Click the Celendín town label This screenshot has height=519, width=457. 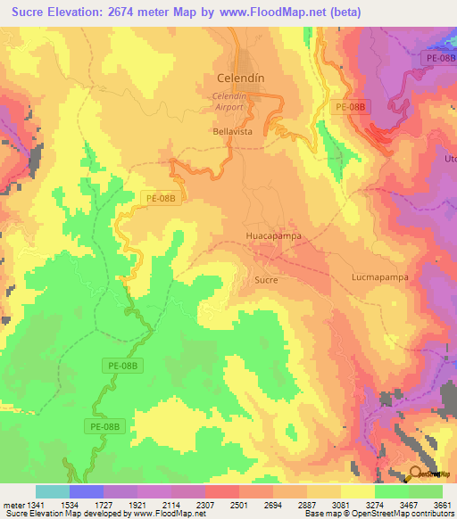point(241,78)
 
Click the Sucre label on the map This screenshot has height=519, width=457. point(267,280)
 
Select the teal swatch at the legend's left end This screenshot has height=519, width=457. point(52,491)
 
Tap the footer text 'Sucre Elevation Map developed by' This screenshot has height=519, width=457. point(62,514)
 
